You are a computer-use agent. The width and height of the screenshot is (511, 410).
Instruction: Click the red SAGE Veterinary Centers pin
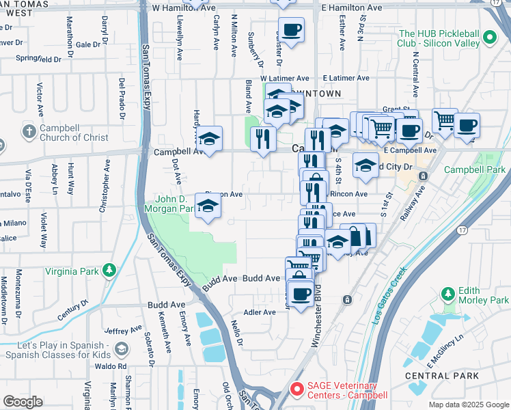click(x=297, y=389)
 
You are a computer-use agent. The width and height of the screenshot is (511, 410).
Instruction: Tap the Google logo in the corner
click(x=23, y=402)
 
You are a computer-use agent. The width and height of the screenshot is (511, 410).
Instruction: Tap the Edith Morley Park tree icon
click(x=448, y=295)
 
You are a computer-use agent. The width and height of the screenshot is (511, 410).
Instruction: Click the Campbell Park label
click(x=474, y=169)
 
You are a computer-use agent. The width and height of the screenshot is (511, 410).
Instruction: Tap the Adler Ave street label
click(x=260, y=312)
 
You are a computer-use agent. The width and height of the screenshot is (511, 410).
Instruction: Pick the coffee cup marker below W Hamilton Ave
click(x=291, y=29)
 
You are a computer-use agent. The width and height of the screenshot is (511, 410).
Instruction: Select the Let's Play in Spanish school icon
click(x=121, y=349)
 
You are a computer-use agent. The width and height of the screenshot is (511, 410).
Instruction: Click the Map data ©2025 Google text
click(x=469, y=405)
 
